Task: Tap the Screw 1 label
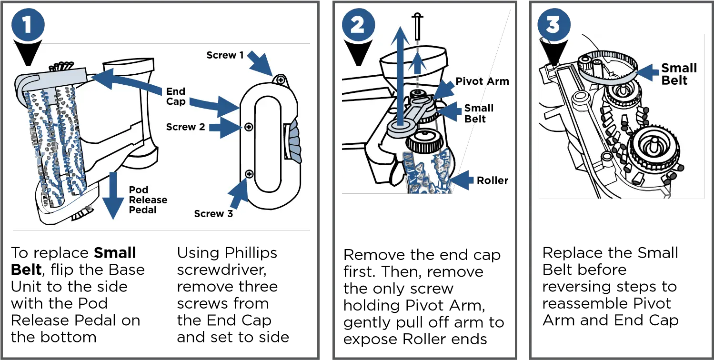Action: click(x=225, y=55)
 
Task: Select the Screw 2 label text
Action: click(x=185, y=127)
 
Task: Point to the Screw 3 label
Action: click(x=213, y=213)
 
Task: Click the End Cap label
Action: click(x=176, y=96)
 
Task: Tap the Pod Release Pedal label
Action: click(x=148, y=200)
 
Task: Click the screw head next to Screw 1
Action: click(x=281, y=80)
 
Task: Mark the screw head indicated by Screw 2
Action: click(x=248, y=127)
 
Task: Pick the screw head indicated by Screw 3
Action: click(x=248, y=175)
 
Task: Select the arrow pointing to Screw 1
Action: click(x=261, y=64)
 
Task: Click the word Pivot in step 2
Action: click(x=469, y=81)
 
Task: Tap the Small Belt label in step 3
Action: click(x=678, y=74)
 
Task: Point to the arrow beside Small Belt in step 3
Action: click(x=647, y=72)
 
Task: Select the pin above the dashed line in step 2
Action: click(x=417, y=27)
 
